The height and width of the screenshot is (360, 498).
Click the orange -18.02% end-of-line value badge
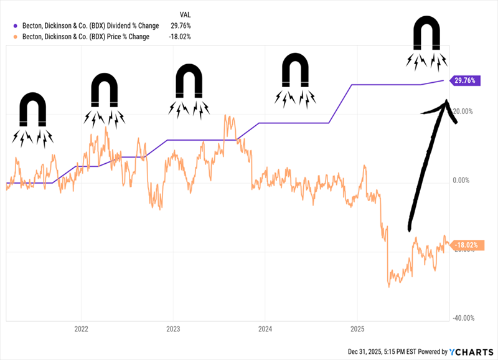pos(466,245)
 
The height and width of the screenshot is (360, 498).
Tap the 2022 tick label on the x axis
pos(80,328)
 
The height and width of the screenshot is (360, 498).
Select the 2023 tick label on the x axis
pos(172,328)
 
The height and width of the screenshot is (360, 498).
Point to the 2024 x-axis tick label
pos(265,328)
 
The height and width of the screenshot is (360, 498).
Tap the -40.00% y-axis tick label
pos(463,318)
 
